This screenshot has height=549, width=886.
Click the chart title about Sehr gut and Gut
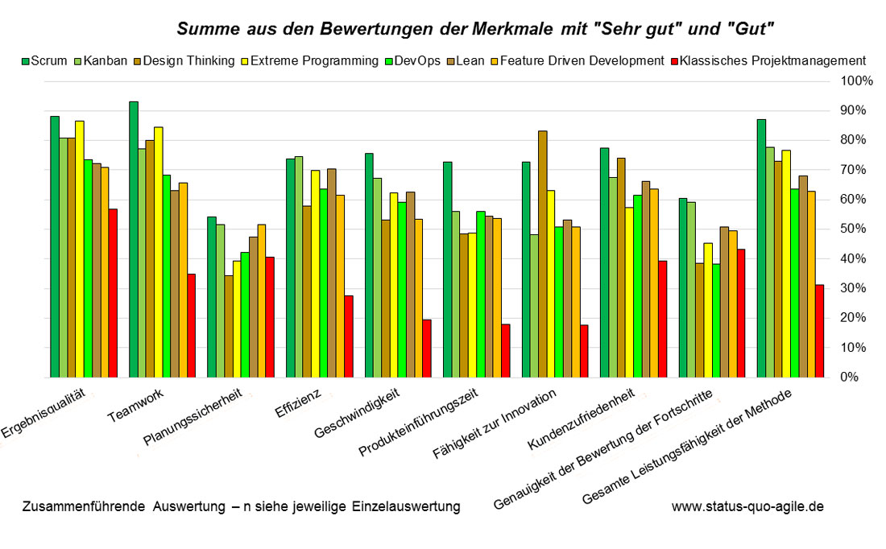pos(475,30)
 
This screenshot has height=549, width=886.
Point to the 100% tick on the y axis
pos(856,81)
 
